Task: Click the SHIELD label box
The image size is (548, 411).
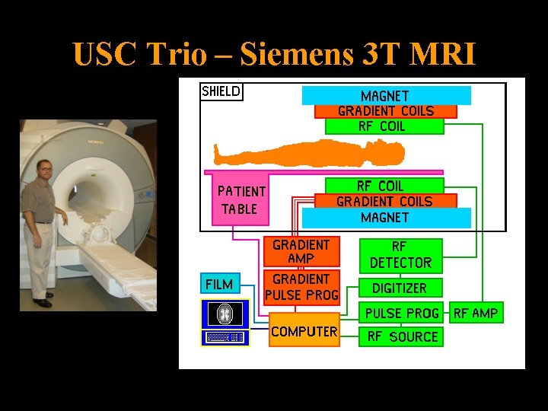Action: (221, 91)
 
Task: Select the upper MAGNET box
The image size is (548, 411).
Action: (386, 96)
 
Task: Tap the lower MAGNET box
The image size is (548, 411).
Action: (386, 218)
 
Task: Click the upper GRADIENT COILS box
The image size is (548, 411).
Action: (386, 111)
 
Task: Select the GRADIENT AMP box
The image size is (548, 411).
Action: (301, 252)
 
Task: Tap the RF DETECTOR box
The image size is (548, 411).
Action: (400, 255)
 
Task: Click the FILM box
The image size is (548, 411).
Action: (220, 284)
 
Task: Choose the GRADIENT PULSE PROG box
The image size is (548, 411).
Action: (301, 287)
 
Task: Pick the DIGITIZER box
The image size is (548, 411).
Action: (400, 288)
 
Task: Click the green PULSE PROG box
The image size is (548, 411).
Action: (403, 313)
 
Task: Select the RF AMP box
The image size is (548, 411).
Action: (476, 313)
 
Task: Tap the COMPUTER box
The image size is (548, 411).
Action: (304, 332)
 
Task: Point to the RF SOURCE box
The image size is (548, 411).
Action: (403, 336)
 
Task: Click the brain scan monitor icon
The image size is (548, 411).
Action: (225, 314)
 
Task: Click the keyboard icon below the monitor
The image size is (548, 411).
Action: (225, 337)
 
